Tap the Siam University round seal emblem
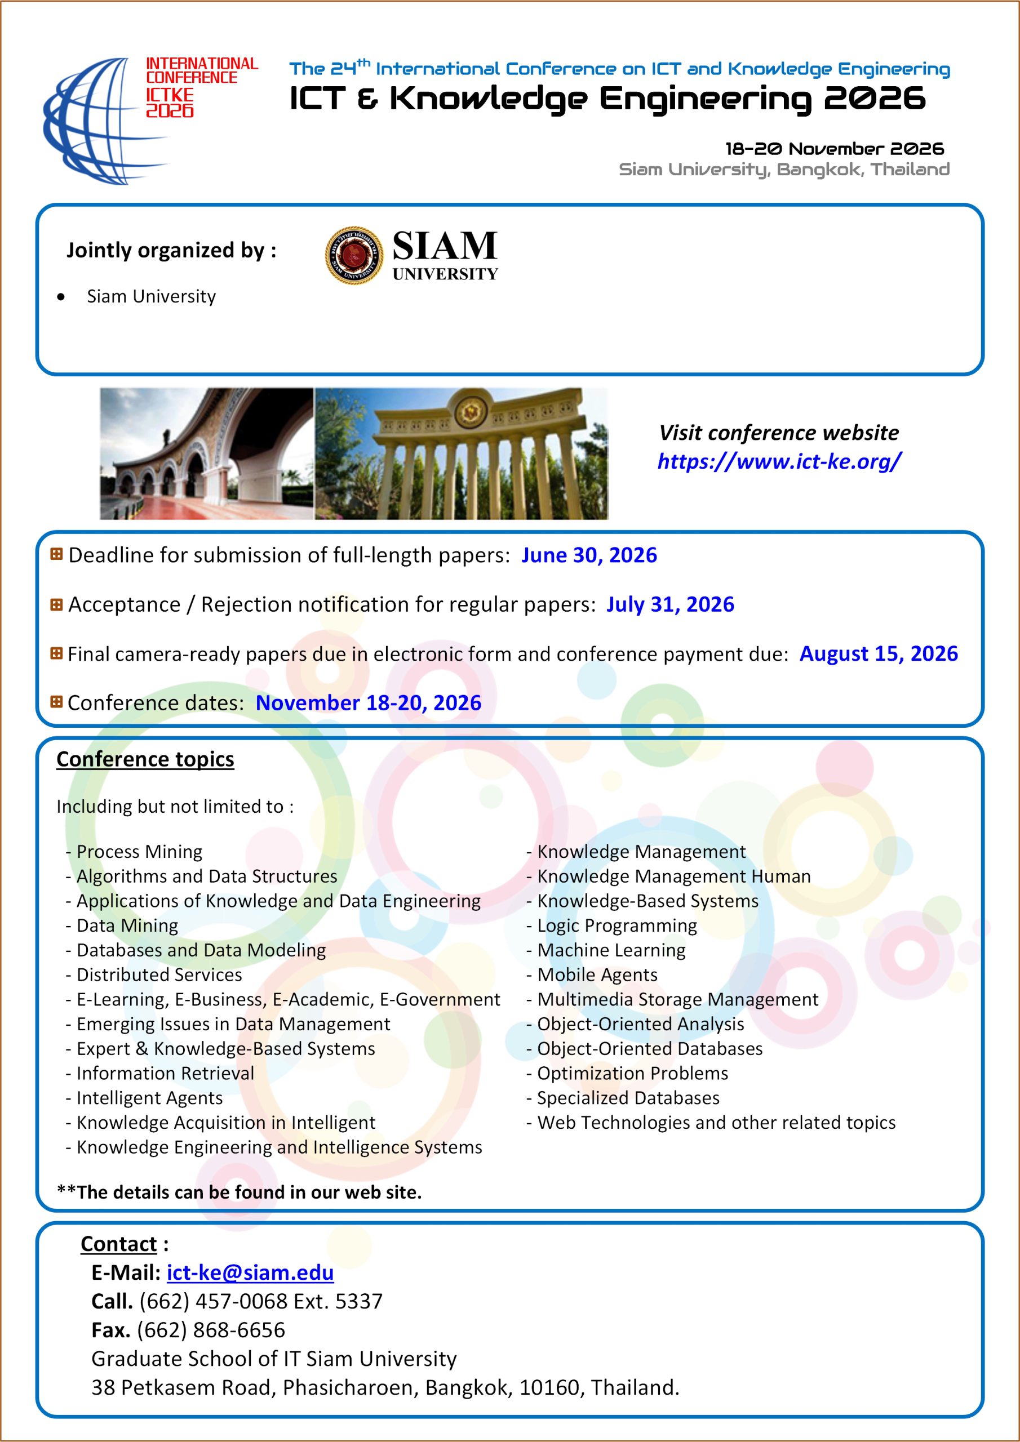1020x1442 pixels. pos(354,255)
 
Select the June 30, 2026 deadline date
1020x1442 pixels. pos(589,555)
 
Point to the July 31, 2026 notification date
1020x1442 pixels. pos(670,604)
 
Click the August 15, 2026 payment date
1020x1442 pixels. pos(878,654)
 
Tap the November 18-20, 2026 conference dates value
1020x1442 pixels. pos(369,703)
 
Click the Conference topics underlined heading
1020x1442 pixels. pos(145,759)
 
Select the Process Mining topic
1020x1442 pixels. pos(139,852)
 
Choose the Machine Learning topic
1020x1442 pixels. pos(611,950)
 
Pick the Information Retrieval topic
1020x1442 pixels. pos(165,1074)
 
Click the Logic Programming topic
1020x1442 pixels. pos(617,925)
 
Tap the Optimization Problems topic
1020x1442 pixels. pos(632,1074)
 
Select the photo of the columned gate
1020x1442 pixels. pos(462,453)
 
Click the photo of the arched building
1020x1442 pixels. pos(206,453)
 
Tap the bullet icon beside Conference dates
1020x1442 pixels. pos(56,701)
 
